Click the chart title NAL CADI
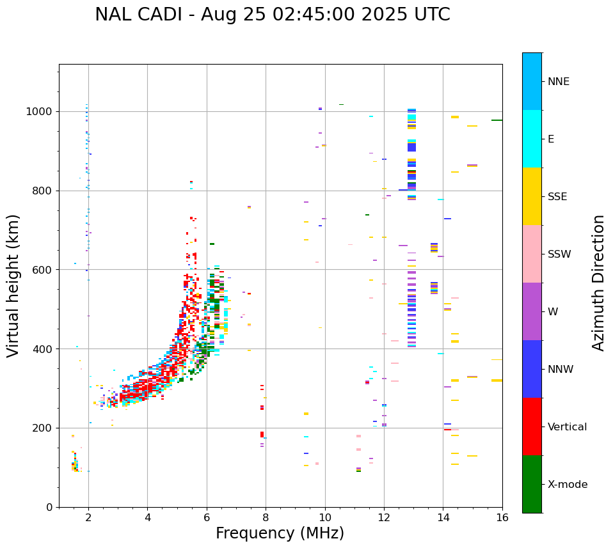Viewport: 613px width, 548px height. (x=272, y=15)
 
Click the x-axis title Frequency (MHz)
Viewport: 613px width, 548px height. (x=280, y=533)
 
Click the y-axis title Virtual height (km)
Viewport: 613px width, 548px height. (x=13, y=286)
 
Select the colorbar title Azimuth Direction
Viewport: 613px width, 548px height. (x=598, y=283)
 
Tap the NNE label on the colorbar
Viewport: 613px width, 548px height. (x=558, y=82)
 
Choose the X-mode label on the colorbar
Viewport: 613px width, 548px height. (x=567, y=485)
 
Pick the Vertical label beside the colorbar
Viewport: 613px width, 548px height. (x=567, y=427)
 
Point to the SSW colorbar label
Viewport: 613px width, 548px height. (x=559, y=254)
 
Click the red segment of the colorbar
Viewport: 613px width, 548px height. (x=532, y=427)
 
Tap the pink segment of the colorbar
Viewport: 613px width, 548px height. (x=532, y=254)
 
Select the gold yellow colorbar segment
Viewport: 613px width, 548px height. (x=532, y=196)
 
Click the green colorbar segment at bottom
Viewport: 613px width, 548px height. (x=532, y=484)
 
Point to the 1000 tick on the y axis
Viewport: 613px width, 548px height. (x=42, y=112)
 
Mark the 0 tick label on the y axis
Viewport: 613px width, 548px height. (x=50, y=507)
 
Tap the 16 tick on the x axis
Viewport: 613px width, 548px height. (x=502, y=517)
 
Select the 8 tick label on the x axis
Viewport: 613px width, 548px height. (x=266, y=517)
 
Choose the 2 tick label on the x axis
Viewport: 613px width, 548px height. (x=88, y=517)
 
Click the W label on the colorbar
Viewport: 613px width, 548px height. (x=552, y=312)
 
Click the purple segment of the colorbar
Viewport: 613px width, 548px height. (x=532, y=311)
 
